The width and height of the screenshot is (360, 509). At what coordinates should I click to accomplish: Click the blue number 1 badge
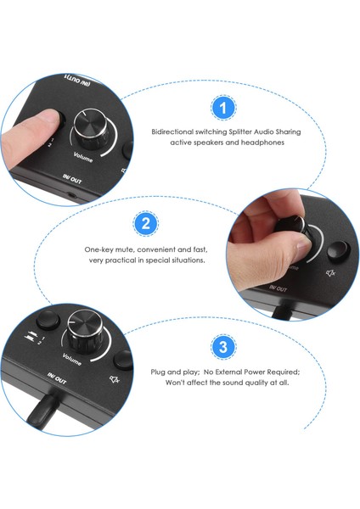pyautogui.click(x=223, y=108)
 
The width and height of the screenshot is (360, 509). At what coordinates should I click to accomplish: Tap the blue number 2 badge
pyautogui.click(x=145, y=224)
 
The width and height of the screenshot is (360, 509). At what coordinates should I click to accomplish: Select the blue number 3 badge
pyautogui.click(x=223, y=347)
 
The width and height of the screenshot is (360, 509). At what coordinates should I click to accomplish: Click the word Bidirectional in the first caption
pyautogui.click(x=172, y=131)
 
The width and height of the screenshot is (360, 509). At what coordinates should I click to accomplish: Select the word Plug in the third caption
pyautogui.click(x=158, y=372)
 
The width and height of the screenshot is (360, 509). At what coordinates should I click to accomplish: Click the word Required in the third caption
pyautogui.click(x=284, y=372)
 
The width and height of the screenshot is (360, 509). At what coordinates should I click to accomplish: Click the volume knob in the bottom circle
pyautogui.click(x=85, y=328)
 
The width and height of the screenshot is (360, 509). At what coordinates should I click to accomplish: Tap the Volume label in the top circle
pyautogui.click(x=83, y=157)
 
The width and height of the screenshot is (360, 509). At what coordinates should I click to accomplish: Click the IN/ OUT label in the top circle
pyautogui.click(x=72, y=178)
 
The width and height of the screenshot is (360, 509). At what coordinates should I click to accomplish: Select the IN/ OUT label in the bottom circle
pyautogui.click(x=57, y=378)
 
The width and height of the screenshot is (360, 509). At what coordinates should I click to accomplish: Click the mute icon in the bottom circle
pyautogui.click(x=114, y=378)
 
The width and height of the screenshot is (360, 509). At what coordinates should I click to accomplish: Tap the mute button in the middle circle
pyautogui.click(x=338, y=251)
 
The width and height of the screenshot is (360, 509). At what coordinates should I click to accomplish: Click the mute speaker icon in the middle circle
pyautogui.click(x=330, y=273)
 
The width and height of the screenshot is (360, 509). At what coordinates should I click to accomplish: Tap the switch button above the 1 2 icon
pyautogui.click(x=48, y=321)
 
